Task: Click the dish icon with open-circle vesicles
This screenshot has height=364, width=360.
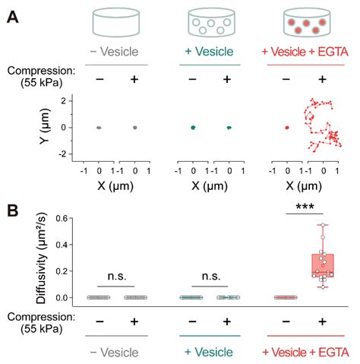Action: click(210, 24)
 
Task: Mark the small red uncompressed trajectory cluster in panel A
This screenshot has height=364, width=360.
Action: click(287, 128)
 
